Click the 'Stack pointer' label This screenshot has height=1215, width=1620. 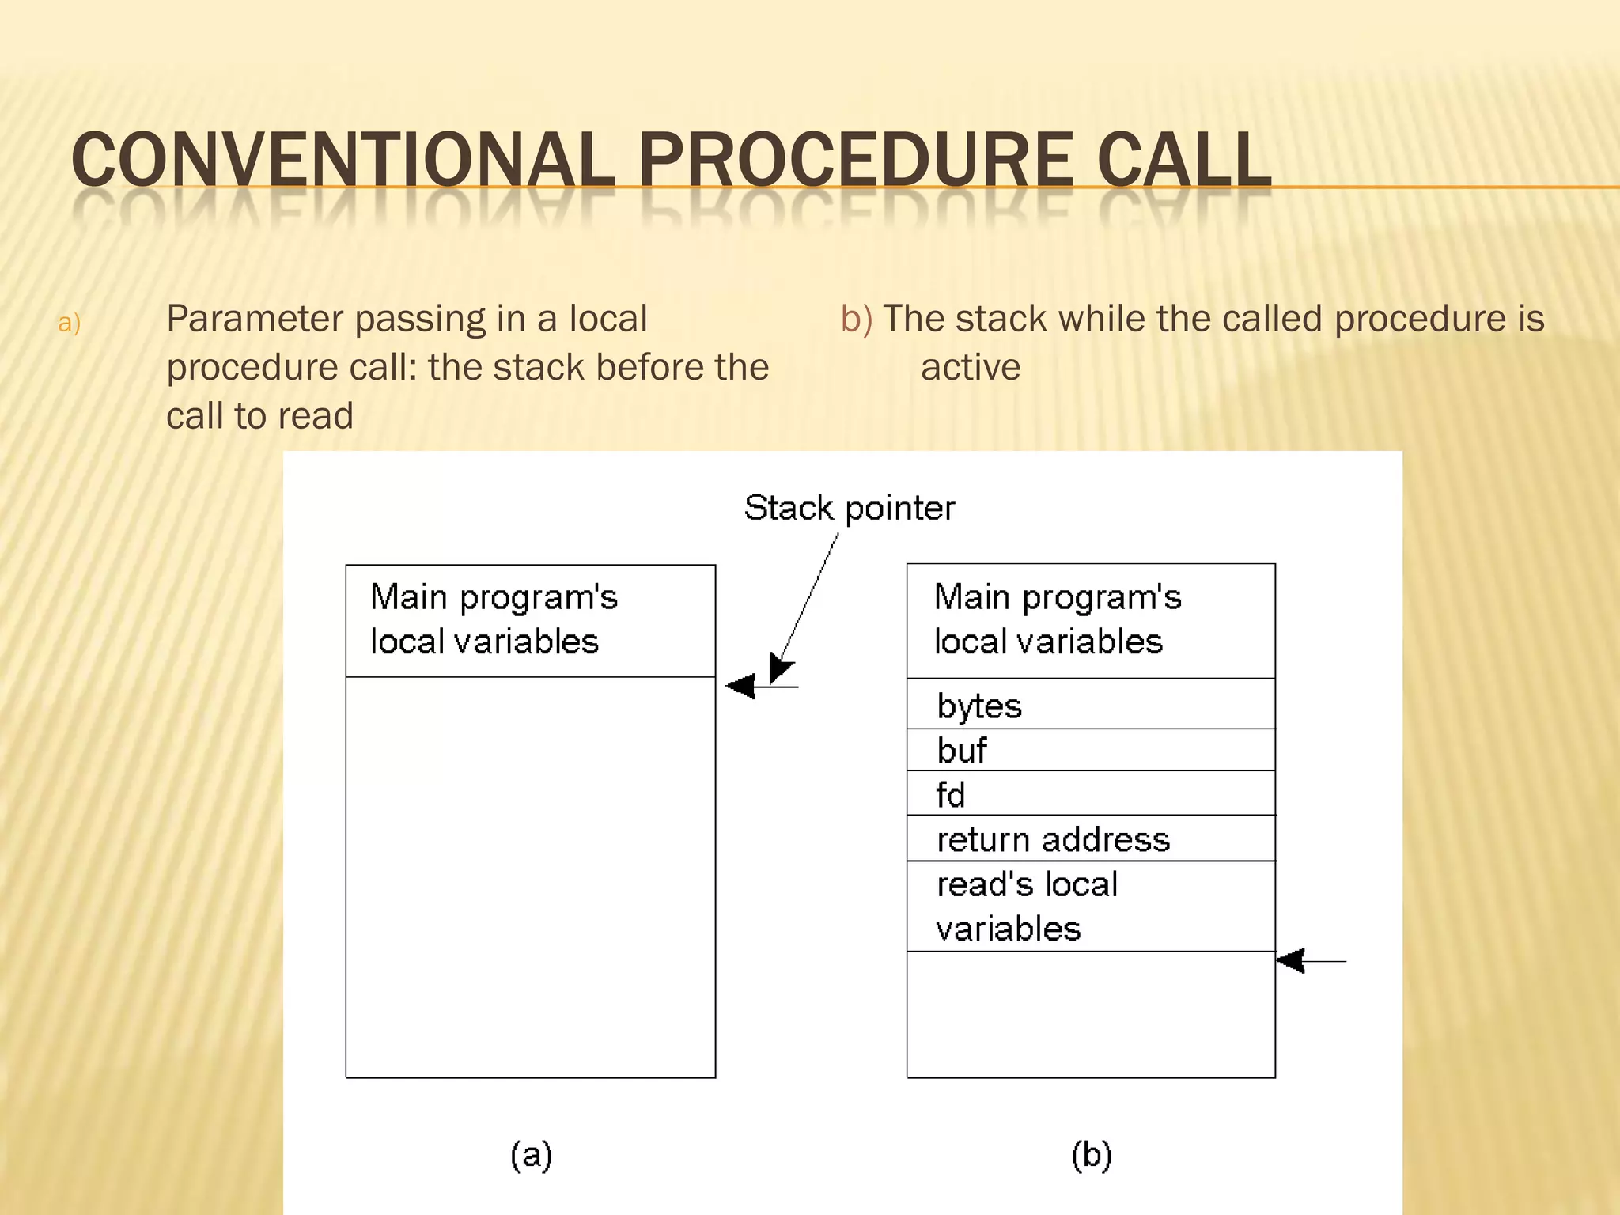(x=849, y=508)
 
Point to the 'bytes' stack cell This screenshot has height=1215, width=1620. (x=1090, y=705)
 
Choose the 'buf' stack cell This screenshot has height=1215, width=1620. (x=1090, y=750)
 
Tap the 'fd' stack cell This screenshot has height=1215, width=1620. (x=1090, y=793)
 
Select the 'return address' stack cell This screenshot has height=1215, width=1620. (x=1090, y=838)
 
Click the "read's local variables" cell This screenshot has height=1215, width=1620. (x=1090, y=907)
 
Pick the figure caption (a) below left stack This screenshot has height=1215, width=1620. (x=531, y=1155)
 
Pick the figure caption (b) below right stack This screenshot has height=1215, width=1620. (x=1092, y=1155)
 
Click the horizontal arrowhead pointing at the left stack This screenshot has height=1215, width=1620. (x=741, y=686)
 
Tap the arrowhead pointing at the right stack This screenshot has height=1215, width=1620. (x=1291, y=961)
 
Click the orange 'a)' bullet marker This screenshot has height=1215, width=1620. (x=70, y=323)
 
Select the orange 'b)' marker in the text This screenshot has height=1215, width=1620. (x=857, y=319)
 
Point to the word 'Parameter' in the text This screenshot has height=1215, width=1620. (x=254, y=319)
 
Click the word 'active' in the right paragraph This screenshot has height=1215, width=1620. (x=971, y=367)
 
